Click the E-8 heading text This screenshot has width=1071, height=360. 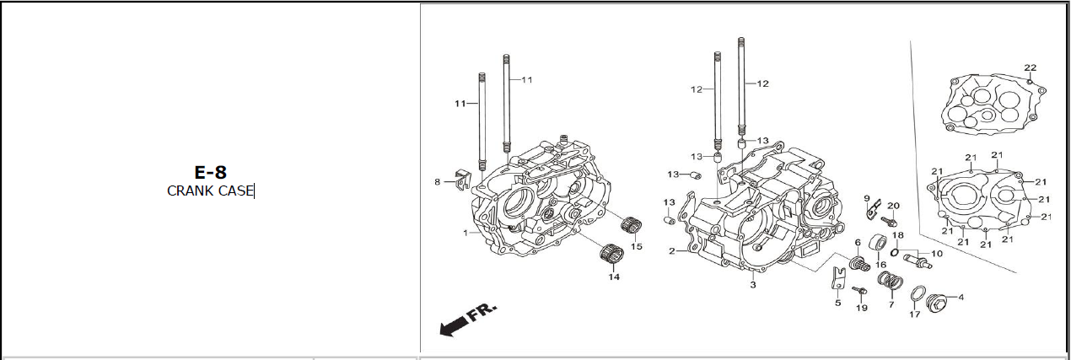[x=210, y=172]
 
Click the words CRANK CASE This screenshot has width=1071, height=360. [x=210, y=191]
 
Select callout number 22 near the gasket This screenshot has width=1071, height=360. [x=1030, y=68]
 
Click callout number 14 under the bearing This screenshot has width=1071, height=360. [x=613, y=277]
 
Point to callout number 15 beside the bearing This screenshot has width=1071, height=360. [x=637, y=246]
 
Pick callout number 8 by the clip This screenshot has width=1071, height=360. [x=438, y=181]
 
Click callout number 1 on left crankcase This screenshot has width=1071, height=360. [x=465, y=232]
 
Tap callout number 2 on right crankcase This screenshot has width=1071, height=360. [x=672, y=251]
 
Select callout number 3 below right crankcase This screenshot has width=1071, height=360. [x=752, y=285]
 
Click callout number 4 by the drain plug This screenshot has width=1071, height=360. [x=961, y=297]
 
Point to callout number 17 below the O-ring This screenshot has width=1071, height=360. [x=914, y=315]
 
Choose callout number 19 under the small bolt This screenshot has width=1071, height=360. [x=861, y=308]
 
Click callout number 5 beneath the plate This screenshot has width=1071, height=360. [x=837, y=302]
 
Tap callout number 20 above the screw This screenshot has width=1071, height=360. [x=893, y=206]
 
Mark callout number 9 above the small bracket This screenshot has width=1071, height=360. [x=866, y=198]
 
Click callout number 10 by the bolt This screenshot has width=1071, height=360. [x=937, y=254]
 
